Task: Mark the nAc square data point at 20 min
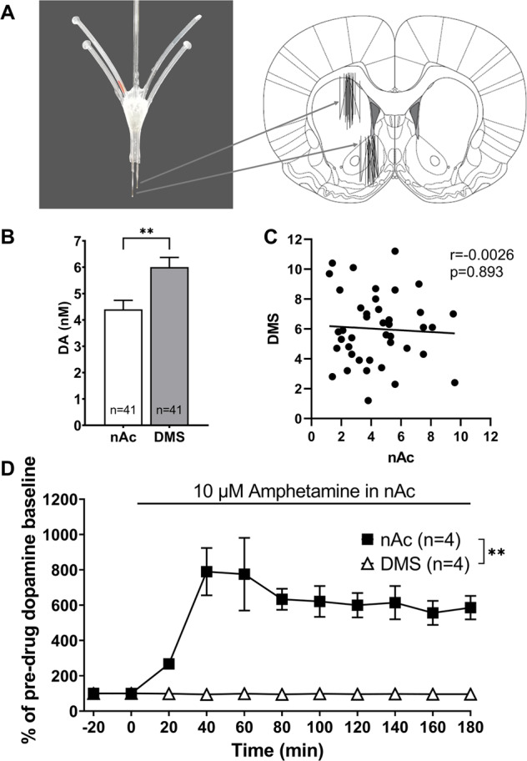[x=168, y=664]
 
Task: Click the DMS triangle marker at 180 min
[x=470, y=694]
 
